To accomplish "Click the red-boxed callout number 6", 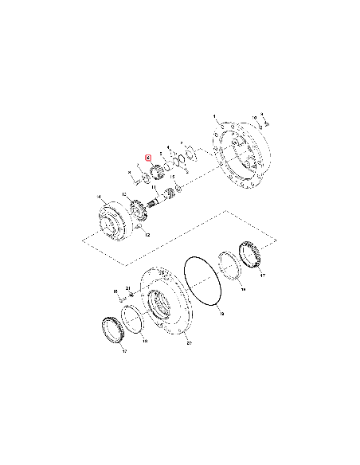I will pos(148,158).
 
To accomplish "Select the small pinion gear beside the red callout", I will pos(155,170).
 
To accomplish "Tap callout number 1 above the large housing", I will pos(213,116).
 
